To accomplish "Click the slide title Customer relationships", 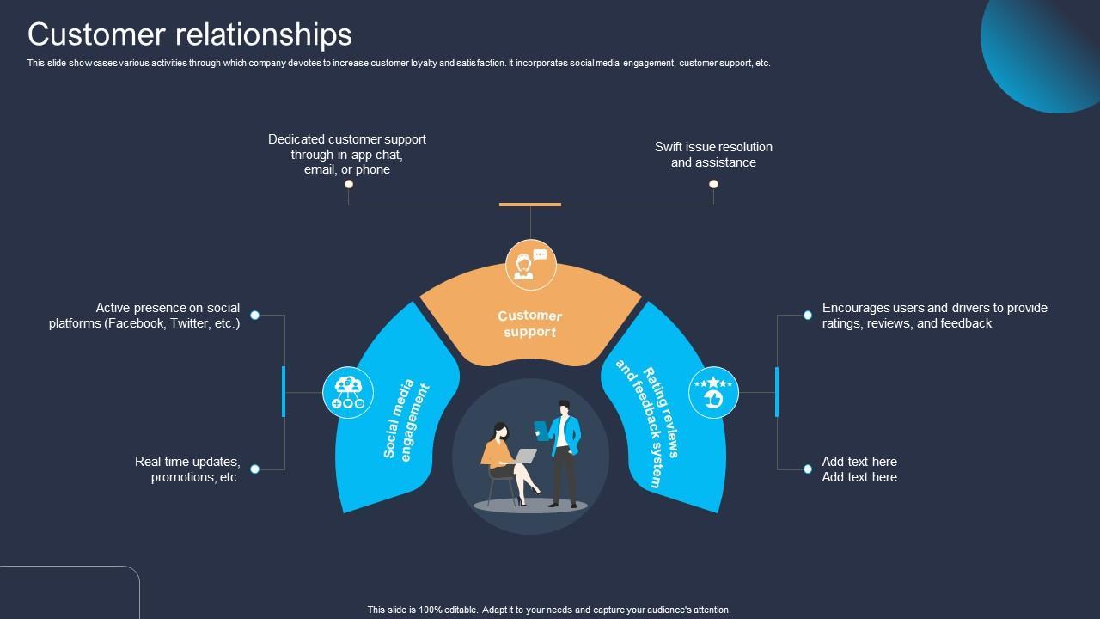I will pos(190,34).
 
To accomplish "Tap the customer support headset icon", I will pos(530,265).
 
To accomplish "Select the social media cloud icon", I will pos(348,392).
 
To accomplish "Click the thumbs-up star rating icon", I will pos(713,393).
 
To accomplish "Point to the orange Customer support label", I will pos(529,323).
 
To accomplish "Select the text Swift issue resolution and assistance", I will pos(713,155).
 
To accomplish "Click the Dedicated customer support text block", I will pos(347,154).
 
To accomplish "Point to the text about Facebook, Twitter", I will pos(144,316).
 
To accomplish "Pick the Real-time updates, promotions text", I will pos(187,469).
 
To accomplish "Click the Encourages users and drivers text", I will pos(934,316).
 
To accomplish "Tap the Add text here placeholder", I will pos(859,469).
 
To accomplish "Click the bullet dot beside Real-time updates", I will pos(254,469).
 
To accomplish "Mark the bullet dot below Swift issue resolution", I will pos(713,184).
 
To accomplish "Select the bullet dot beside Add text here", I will pos(808,469).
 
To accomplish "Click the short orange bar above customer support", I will pos(530,205).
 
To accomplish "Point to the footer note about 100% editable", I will pos(549,610).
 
